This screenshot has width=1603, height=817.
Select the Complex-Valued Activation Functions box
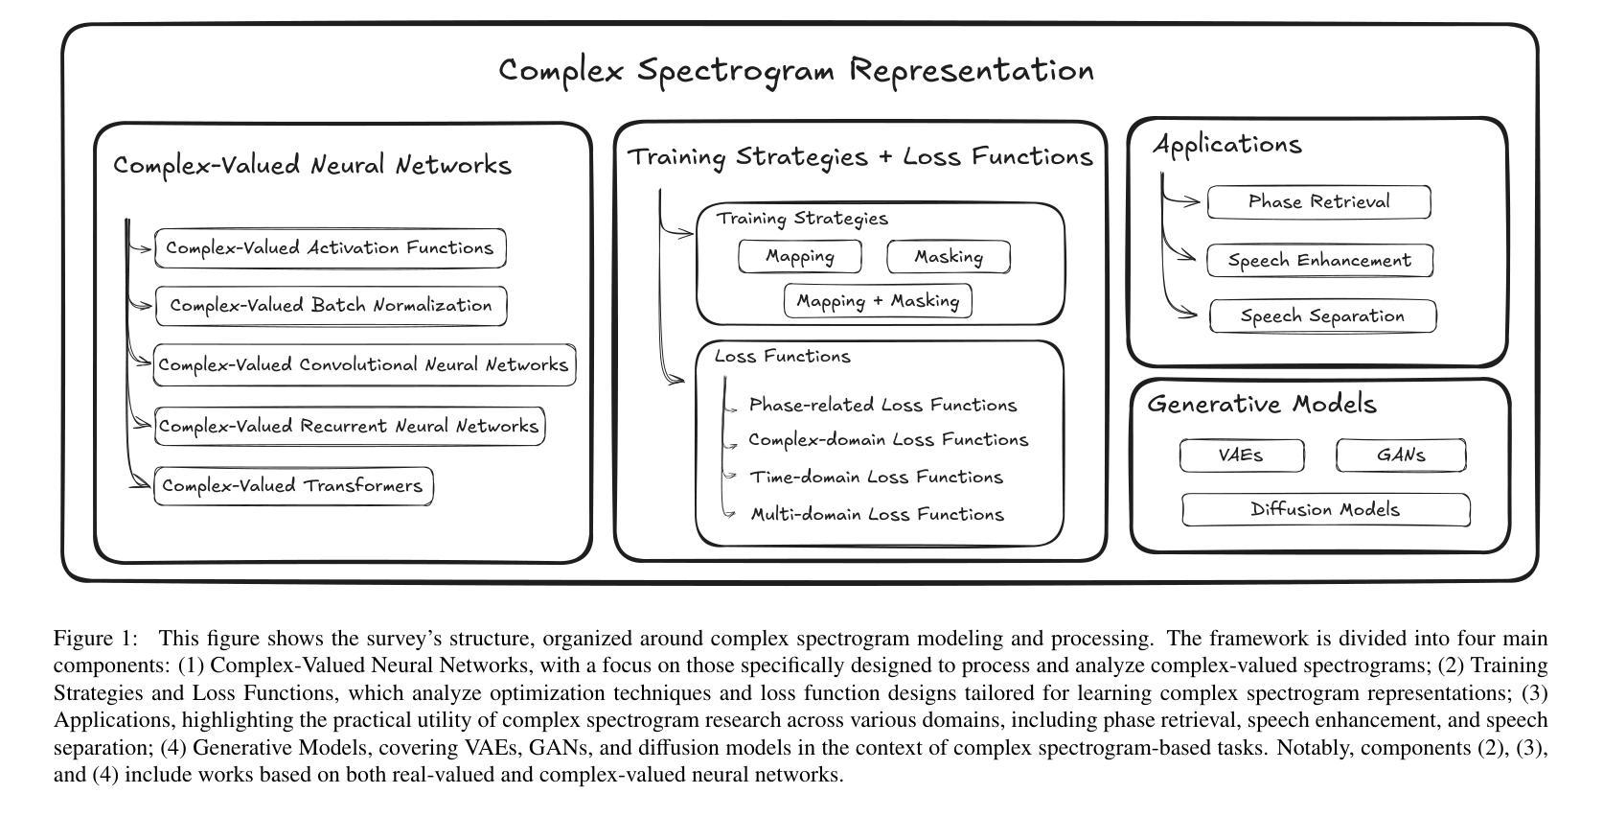(330, 247)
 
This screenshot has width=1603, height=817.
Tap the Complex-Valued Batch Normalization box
(331, 306)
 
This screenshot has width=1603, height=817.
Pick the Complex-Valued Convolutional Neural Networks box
(364, 365)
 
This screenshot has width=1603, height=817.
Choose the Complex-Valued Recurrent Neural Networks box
(349, 426)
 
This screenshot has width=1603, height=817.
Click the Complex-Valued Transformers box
(293, 486)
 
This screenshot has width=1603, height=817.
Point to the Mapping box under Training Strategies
(800, 256)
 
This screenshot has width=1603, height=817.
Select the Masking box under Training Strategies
(949, 256)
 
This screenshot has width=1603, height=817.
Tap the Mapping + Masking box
(878, 301)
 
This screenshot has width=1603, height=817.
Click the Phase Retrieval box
(1318, 202)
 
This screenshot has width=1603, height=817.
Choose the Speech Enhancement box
(1319, 261)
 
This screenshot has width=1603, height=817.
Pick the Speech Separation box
(1322, 315)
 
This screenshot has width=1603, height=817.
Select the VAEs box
(1242, 455)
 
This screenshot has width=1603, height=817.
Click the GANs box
(1401, 455)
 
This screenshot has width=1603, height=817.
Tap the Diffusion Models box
(1326, 510)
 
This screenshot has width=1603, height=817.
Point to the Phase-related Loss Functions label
(883, 406)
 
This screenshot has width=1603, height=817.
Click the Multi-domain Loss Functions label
(878, 514)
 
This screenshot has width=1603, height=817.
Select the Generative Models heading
(1262, 405)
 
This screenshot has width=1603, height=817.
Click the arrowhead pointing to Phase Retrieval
(1193, 201)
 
